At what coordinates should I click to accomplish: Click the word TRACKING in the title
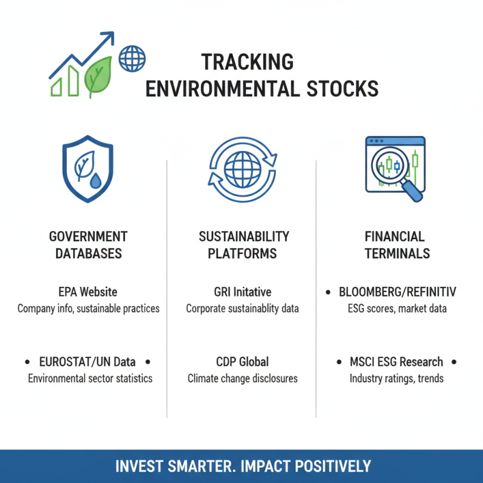point(247,62)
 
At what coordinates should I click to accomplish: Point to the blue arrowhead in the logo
point(109,38)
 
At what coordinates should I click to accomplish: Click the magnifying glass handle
point(412,191)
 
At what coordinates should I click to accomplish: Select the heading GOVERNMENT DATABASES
point(88,245)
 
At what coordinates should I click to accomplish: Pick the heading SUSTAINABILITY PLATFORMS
point(243,245)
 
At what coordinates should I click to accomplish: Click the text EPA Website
point(88,292)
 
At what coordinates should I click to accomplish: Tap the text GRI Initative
point(243,292)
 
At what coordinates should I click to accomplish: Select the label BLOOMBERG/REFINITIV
point(397,292)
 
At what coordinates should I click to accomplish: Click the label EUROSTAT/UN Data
point(88,362)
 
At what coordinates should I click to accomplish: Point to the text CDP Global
point(243,362)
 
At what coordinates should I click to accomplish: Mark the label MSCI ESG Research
point(397,362)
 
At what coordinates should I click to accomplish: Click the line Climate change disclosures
point(243,379)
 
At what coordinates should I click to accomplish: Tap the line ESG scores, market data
point(397,309)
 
